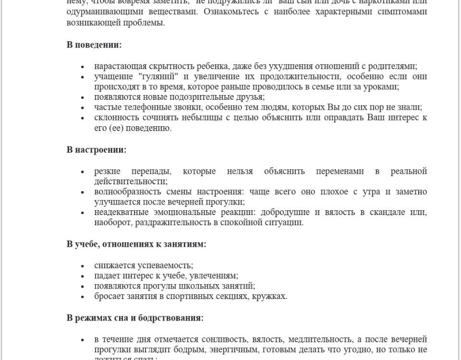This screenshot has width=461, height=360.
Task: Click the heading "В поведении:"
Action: tap(94, 45)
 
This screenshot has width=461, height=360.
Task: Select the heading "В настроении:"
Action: tap(97, 149)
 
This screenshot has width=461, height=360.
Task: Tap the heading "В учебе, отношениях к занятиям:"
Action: tap(136, 244)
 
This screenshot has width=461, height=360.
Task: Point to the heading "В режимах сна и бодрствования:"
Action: tap(135, 318)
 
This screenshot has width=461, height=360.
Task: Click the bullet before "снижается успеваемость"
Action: tap(84, 265)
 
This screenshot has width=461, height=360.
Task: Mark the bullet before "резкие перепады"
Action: tap(84, 172)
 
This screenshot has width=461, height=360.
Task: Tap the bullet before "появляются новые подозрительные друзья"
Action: tap(84, 97)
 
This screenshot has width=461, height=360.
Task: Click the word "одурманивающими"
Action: tap(97, 12)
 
